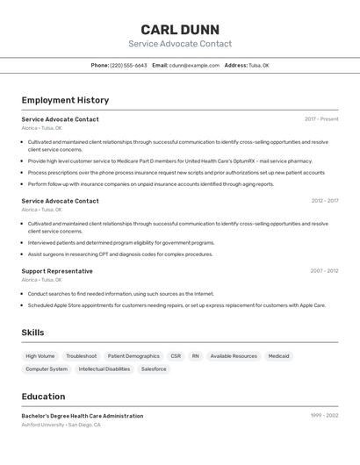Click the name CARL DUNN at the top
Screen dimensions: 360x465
(x=180, y=29)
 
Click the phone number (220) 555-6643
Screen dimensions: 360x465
(x=128, y=65)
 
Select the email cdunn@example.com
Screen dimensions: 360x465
(x=194, y=65)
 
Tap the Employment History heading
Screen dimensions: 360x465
(x=65, y=100)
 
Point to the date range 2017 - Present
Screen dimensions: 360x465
(x=321, y=119)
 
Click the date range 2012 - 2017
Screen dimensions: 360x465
(x=324, y=201)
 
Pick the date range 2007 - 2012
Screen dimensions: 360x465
(x=324, y=271)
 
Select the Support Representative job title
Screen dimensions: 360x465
(x=57, y=271)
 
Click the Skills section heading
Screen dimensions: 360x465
(x=32, y=333)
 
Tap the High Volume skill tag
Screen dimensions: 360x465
(x=40, y=356)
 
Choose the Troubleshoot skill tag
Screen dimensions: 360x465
(x=82, y=356)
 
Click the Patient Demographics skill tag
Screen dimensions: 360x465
(x=133, y=356)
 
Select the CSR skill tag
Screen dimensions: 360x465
(x=176, y=356)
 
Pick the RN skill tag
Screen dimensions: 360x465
(x=196, y=356)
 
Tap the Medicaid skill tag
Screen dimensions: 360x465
(x=278, y=356)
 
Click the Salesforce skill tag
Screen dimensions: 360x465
(x=154, y=369)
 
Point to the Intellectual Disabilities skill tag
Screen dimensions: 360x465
(x=104, y=369)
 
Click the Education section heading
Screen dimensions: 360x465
(x=43, y=397)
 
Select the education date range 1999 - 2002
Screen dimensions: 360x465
(x=324, y=415)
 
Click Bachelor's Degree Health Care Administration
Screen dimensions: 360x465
(x=83, y=416)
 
